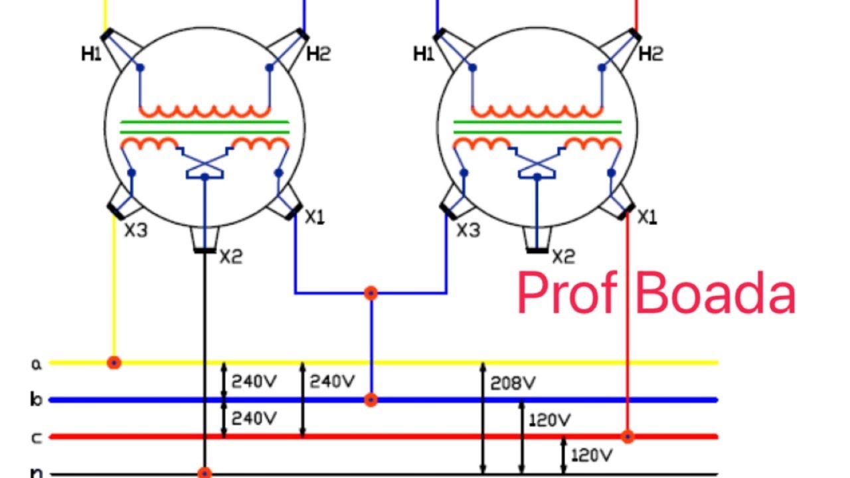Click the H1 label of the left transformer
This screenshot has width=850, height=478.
point(92,54)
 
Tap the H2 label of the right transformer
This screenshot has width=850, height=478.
point(651,54)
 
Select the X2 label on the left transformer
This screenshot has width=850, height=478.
point(231,257)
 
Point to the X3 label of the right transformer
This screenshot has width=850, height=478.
point(469,230)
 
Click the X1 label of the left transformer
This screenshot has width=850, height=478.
point(315,217)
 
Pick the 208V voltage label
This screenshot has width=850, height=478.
point(513,383)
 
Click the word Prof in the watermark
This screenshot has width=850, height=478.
point(568,293)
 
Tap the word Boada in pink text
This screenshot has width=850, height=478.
point(716,293)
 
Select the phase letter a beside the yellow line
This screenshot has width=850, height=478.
point(37,364)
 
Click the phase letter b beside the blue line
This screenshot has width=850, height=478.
point(36,400)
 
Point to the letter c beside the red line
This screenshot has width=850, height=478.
point(36,438)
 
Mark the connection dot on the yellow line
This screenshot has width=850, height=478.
point(114,362)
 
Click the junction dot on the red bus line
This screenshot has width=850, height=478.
point(628,437)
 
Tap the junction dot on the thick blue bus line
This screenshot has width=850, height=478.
point(371,400)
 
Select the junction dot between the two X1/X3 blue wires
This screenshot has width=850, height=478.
point(371,293)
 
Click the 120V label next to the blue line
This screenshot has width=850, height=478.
point(550,420)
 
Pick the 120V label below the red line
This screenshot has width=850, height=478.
point(592,455)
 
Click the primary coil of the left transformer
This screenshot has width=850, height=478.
point(205,111)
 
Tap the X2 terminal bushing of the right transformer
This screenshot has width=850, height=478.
point(537,240)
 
